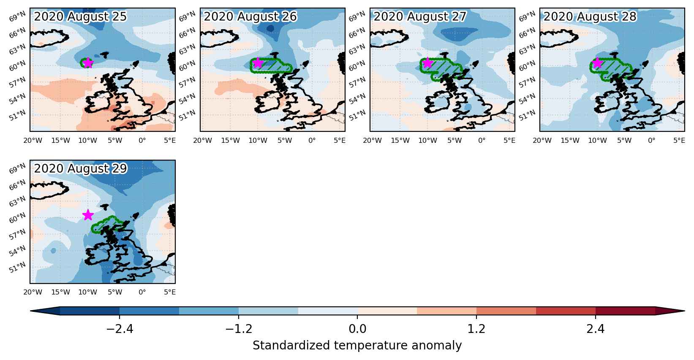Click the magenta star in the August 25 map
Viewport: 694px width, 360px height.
click(88, 63)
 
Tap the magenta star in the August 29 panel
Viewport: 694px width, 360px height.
click(88, 215)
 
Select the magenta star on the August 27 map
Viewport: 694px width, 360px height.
click(427, 63)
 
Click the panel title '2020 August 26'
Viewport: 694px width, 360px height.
click(250, 16)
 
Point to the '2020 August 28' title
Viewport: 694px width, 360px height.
click(590, 16)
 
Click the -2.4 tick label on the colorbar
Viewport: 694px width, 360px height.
click(120, 328)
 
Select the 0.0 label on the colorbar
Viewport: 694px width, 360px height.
click(357, 328)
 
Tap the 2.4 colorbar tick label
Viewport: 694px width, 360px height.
click(595, 328)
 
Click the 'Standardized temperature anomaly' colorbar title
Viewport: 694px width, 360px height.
click(357, 346)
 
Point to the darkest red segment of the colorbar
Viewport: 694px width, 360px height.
click(625, 311)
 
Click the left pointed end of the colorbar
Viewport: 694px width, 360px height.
click(31, 311)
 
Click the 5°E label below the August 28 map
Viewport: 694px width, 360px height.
click(679, 140)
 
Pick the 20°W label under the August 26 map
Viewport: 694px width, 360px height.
click(202, 140)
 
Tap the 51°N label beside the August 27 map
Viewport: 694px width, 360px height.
click(357, 115)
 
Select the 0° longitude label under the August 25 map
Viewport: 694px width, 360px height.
click(142, 140)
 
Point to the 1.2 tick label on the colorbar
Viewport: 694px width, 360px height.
click(476, 328)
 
